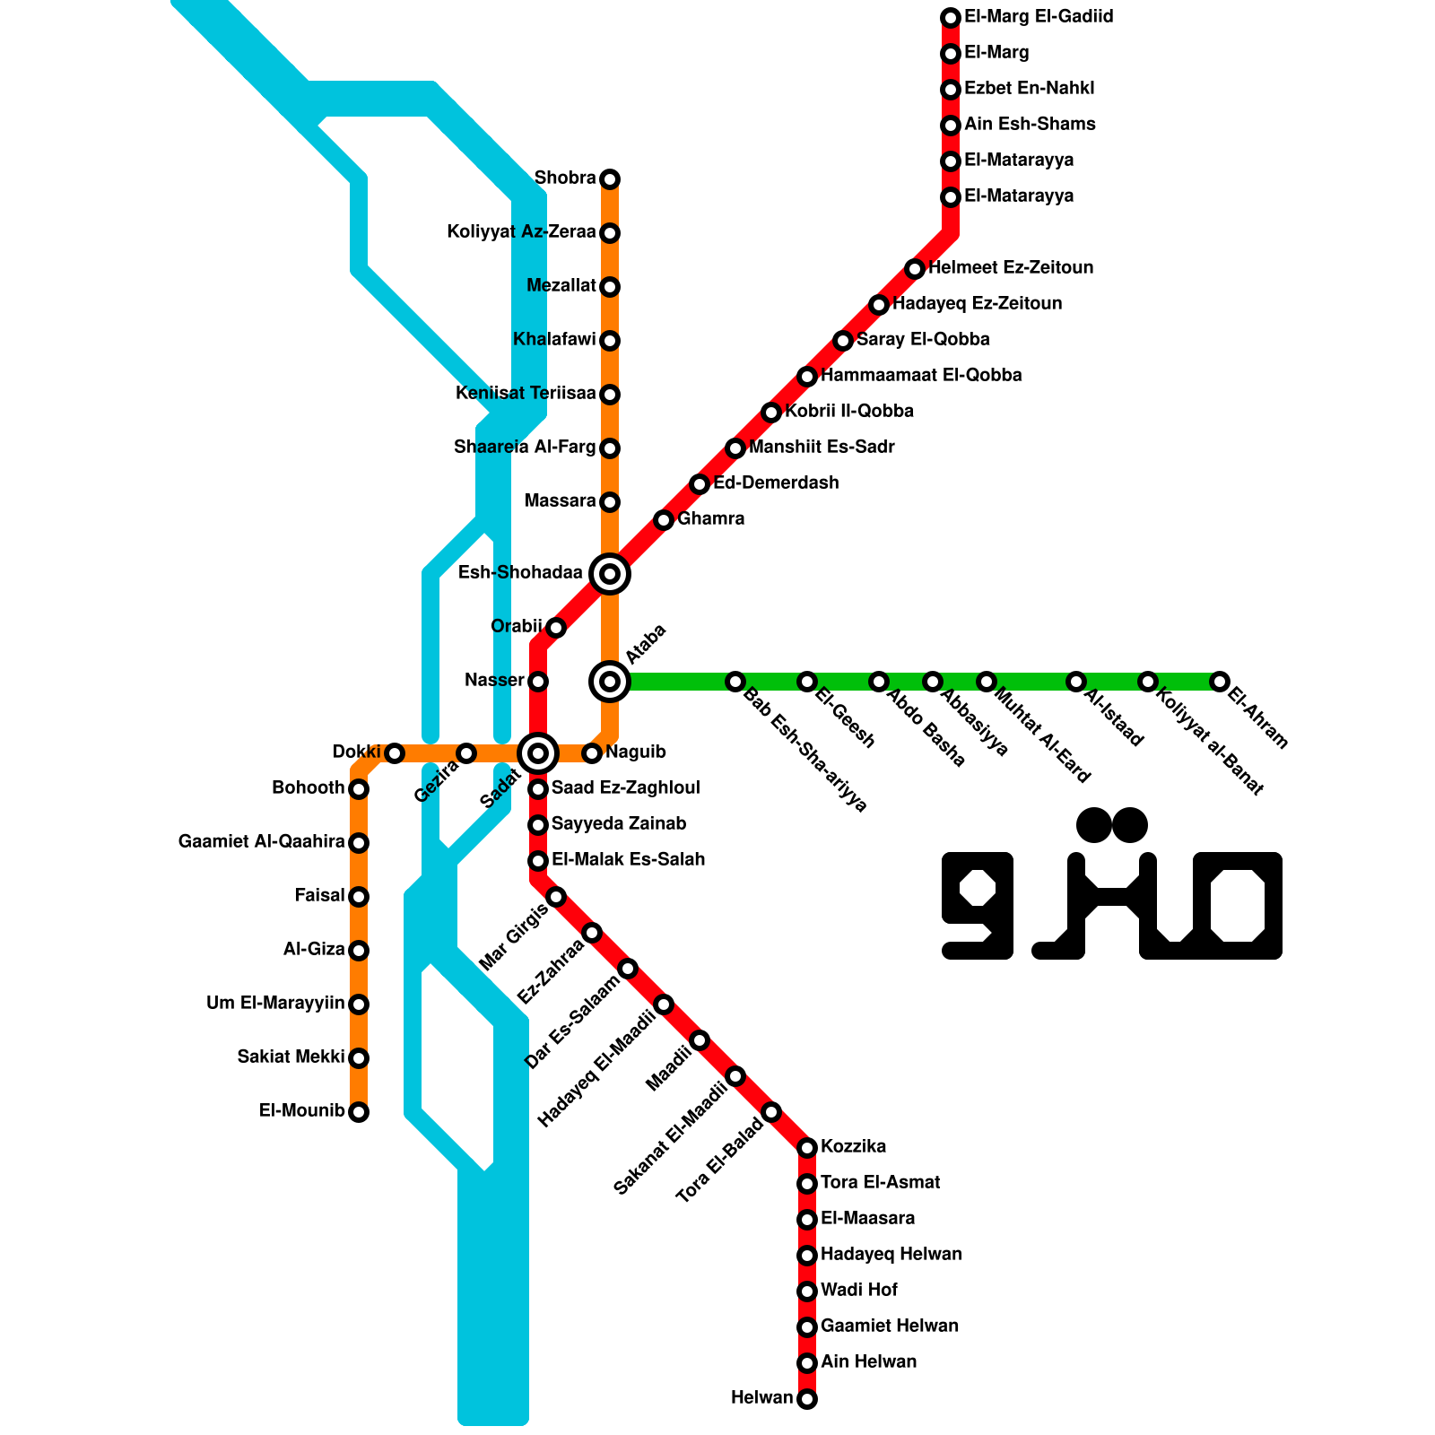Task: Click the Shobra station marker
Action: point(610,179)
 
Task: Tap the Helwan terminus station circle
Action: point(807,1399)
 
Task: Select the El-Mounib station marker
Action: point(359,1112)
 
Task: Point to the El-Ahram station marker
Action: point(1219,682)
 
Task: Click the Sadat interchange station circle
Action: point(538,753)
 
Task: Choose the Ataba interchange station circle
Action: point(610,682)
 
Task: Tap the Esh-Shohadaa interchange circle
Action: point(610,573)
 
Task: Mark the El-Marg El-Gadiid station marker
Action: point(951,18)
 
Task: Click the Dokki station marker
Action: point(395,753)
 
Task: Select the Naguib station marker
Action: point(592,753)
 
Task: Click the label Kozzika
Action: point(853,1147)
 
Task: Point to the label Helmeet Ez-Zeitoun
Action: point(1010,268)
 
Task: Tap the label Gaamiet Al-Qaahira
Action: point(261,842)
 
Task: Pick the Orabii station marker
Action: point(556,628)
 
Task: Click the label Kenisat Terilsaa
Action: point(525,394)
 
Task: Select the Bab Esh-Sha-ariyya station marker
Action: point(735,682)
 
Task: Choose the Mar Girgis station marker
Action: point(556,897)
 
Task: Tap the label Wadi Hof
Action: point(858,1291)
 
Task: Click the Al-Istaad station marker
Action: point(1076,682)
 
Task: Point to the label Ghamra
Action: point(710,519)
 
